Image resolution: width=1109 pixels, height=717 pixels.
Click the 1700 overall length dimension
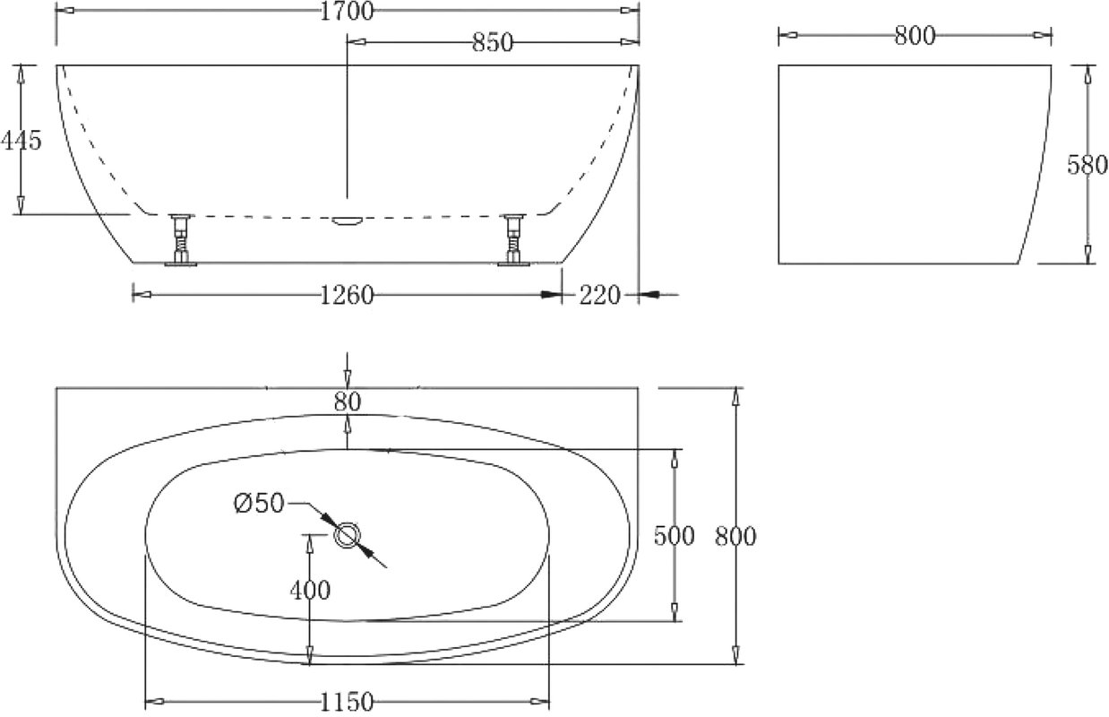347,12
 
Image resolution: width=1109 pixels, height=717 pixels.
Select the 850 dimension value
493,43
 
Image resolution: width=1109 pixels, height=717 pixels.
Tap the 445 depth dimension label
21,141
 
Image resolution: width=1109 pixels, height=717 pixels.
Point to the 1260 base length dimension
347,296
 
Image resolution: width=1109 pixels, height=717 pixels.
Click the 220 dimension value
599,296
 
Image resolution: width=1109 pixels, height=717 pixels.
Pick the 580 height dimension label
1088,165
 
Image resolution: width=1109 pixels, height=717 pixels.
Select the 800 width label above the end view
915,36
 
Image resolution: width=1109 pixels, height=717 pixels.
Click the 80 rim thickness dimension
348,402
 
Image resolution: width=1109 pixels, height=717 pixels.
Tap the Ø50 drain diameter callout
258,504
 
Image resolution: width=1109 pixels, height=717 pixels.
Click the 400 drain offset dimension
310,590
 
